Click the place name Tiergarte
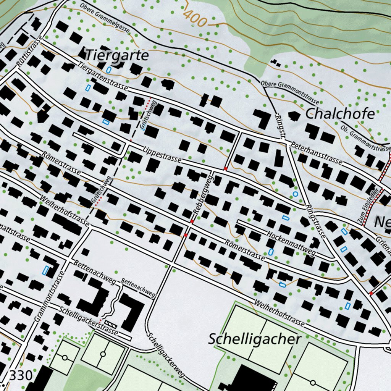click(116, 55)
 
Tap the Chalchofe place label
click(340, 113)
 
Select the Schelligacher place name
click(255, 339)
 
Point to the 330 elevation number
click(20, 376)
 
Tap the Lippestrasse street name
click(162, 154)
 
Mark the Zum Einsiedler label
click(368, 205)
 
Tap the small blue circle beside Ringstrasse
click(295, 194)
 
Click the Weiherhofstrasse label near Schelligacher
click(279, 312)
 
